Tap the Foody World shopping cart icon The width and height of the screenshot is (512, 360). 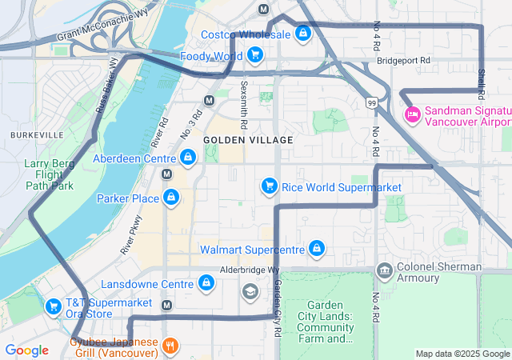[x=254, y=55]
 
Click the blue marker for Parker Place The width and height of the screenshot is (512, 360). [x=170, y=197]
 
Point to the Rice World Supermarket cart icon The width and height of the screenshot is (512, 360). [x=270, y=186]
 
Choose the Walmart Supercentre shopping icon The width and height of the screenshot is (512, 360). [x=317, y=249]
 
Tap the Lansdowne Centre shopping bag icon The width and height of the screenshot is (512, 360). [x=206, y=283]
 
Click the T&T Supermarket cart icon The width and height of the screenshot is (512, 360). [x=54, y=306]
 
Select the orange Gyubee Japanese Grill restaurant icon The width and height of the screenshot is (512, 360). [x=170, y=346]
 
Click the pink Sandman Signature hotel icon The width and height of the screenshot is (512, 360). [x=413, y=114]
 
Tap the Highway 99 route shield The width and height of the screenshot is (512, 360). [x=371, y=102]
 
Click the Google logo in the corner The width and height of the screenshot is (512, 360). [x=26, y=350]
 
